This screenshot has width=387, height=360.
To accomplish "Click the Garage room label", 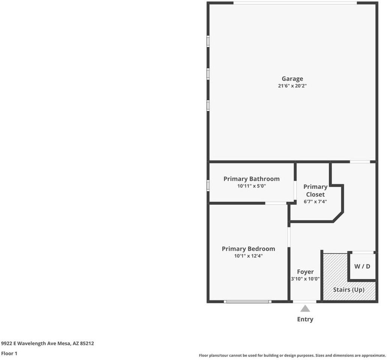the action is tap(292, 79).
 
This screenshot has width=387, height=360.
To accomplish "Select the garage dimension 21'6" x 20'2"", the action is tap(292, 86).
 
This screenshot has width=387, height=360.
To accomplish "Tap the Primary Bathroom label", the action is tap(252, 179).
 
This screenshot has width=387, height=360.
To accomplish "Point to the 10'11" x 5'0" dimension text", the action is tap(252, 186).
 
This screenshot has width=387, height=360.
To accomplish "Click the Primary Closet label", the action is tap(315, 190).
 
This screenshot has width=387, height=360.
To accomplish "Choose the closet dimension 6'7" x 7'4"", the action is tap(315, 202).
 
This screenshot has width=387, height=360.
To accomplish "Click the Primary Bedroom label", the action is tap(249, 249).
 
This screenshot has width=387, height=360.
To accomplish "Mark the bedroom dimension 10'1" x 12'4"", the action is tap(249, 256).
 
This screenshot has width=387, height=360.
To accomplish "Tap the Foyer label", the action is tap(305, 271).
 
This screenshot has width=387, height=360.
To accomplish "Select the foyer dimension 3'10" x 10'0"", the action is tap(305, 279).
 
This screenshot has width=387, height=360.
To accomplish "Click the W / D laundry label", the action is tap(362, 267).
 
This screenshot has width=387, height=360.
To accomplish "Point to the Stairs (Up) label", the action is tap(349, 289).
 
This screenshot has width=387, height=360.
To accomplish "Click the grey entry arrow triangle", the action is tap(305, 309).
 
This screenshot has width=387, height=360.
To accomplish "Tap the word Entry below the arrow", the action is tap(305, 319).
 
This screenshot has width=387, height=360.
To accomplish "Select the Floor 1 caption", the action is tap(9, 353).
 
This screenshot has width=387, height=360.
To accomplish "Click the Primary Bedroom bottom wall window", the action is tap(247, 301).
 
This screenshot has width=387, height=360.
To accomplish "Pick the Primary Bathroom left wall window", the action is tap(208, 185).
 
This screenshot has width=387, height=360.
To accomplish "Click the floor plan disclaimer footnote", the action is tap(292, 355).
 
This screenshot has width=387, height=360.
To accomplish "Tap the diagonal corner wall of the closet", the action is tap(337, 216).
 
